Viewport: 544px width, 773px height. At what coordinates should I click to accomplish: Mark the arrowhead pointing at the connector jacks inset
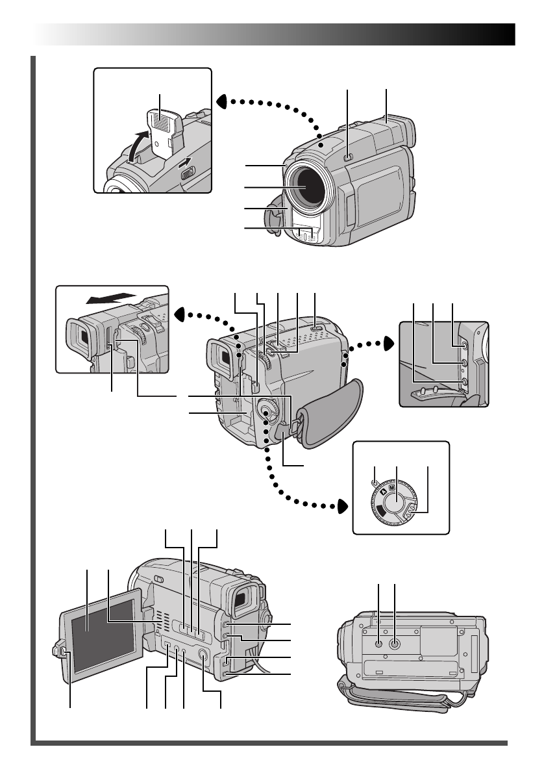point(388,342)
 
